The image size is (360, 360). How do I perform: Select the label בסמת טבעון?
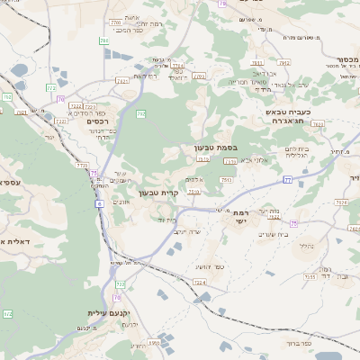(x=215, y=146)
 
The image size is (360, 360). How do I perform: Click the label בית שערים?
(x=272, y=234)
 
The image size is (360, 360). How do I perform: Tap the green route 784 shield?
(x=105, y=40)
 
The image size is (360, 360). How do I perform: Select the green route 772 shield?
(x=142, y=113)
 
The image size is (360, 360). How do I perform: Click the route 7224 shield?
(x=200, y=282)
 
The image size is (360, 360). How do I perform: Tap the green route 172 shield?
(x=8, y=313)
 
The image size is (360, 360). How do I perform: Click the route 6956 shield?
(x=154, y=343)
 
